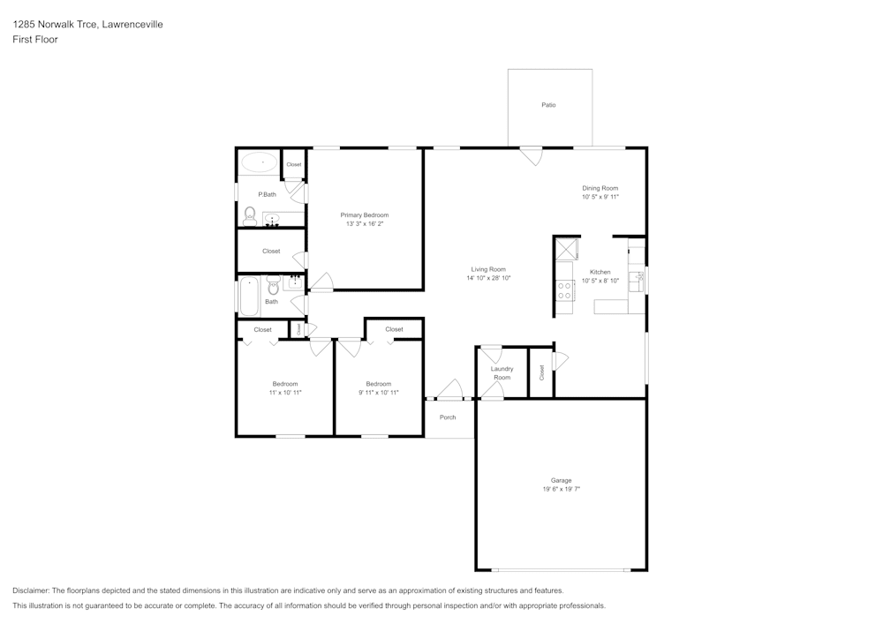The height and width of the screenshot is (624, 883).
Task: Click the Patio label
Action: (x=548, y=105)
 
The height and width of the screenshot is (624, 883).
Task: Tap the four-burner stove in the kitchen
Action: (x=563, y=290)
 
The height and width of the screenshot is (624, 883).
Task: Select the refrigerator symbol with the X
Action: (x=563, y=248)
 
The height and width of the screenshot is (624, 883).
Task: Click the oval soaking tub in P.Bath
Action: (x=260, y=162)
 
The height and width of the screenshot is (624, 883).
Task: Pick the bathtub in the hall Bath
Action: (x=249, y=297)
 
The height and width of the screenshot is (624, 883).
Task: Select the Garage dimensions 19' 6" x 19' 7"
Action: (x=561, y=488)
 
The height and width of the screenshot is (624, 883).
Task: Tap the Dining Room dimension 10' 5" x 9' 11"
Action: (x=600, y=197)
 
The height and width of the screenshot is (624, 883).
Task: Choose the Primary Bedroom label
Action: (x=365, y=214)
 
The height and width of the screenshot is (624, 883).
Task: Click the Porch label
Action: (x=448, y=417)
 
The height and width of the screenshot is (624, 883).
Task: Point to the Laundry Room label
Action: (x=502, y=373)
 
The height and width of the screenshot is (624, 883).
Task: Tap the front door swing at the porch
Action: (x=451, y=389)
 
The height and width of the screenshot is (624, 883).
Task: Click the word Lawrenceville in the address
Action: (x=132, y=25)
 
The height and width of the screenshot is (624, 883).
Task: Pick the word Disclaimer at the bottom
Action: (x=31, y=590)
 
